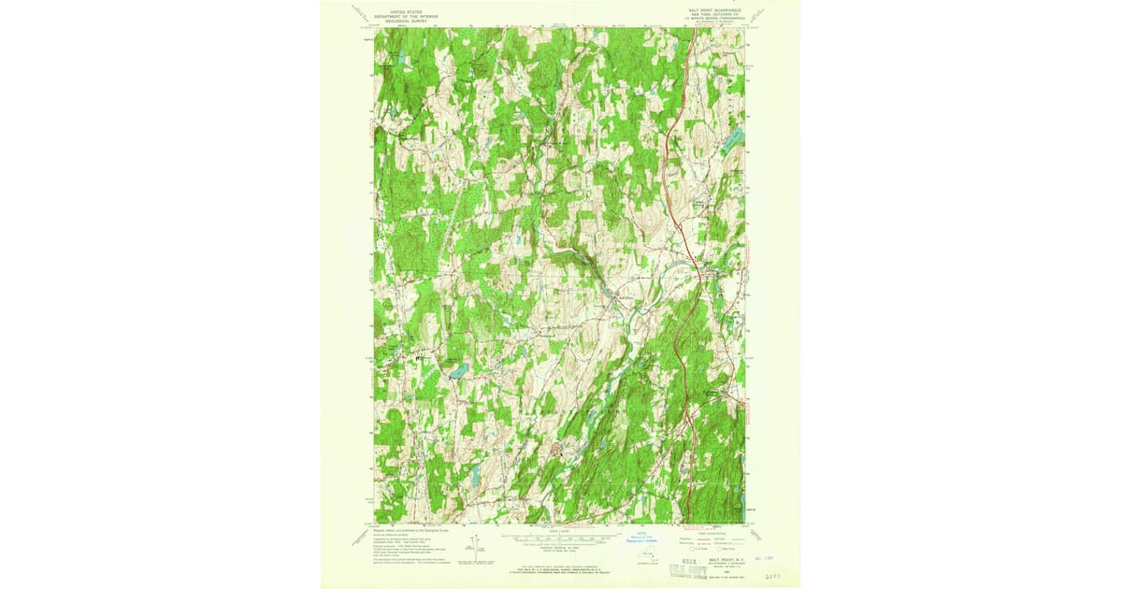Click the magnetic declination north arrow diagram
coord(477,545)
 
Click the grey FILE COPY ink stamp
coord(680,567)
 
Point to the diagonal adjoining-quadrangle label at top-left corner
coord(360,13)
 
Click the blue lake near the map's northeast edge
coord(736,141)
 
